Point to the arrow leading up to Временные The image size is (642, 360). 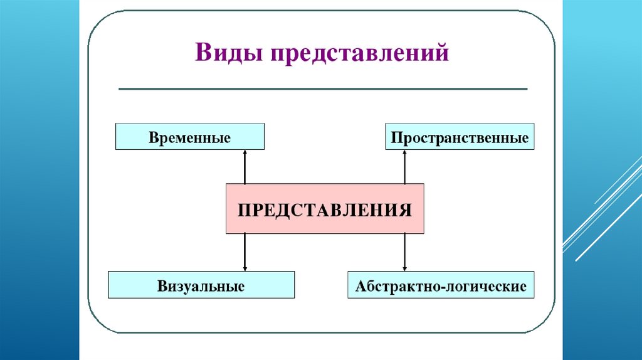click(x=245, y=167)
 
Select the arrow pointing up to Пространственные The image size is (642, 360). click(x=405, y=167)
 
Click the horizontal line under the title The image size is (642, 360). click(x=323, y=89)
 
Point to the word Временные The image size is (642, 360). click(x=189, y=137)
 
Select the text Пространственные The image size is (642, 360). click(x=460, y=137)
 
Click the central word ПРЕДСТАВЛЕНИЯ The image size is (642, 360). click(x=324, y=209)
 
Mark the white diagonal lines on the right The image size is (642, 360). click(x=602, y=213)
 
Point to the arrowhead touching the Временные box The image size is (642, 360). click(x=245, y=152)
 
